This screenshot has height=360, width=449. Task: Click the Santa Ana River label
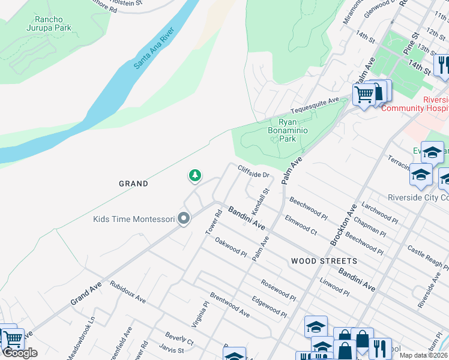[154, 48]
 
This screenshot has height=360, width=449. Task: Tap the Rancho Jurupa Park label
[49, 23]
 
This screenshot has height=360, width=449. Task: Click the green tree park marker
[194, 175]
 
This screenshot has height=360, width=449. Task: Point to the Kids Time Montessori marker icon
[184, 219]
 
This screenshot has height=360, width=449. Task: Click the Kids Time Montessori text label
[133, 219]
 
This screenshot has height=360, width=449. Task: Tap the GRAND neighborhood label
[133, 184]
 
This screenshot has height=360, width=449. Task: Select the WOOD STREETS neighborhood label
[324, 261]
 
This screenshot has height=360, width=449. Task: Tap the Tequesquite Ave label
[315, 106]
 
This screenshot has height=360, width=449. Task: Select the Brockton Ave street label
[343, 222]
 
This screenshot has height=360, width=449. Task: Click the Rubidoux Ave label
[127, 290]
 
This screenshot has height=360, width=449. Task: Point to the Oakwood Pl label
[231, 247]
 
